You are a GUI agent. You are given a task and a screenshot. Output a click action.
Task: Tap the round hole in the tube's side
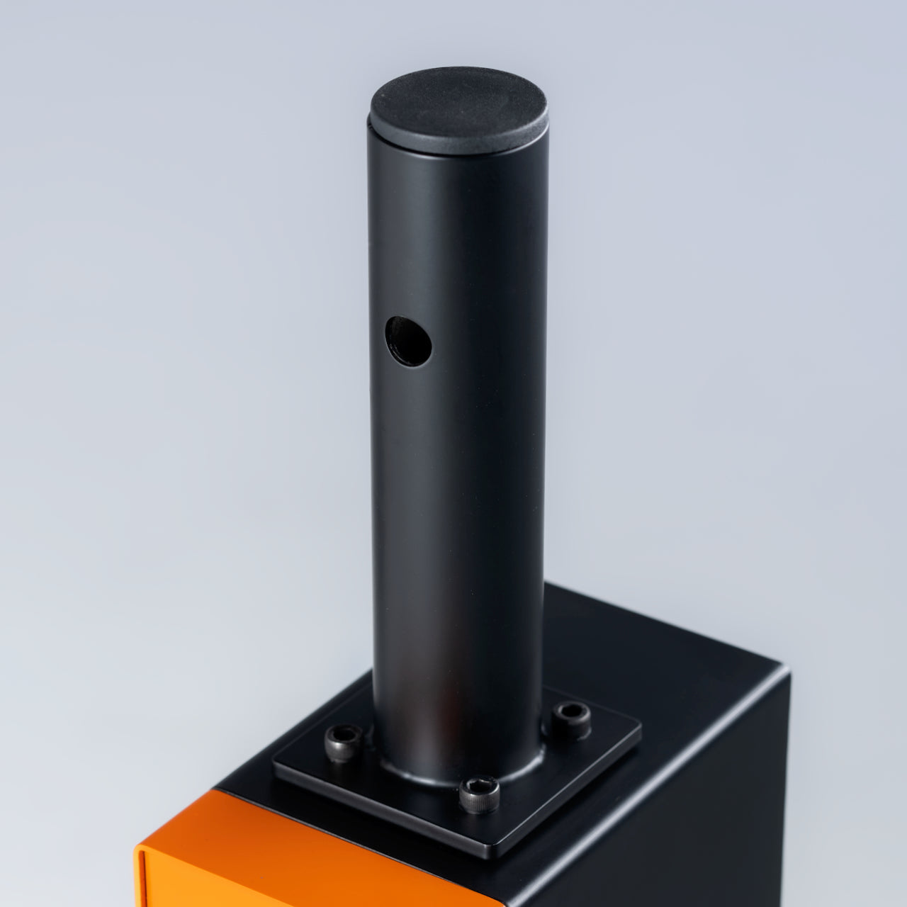click(x=409, y=341)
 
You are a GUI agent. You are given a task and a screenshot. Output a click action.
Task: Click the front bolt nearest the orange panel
click(x=479, y=794)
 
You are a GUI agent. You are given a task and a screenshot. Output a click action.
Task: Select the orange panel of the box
click(x=298, y=857)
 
